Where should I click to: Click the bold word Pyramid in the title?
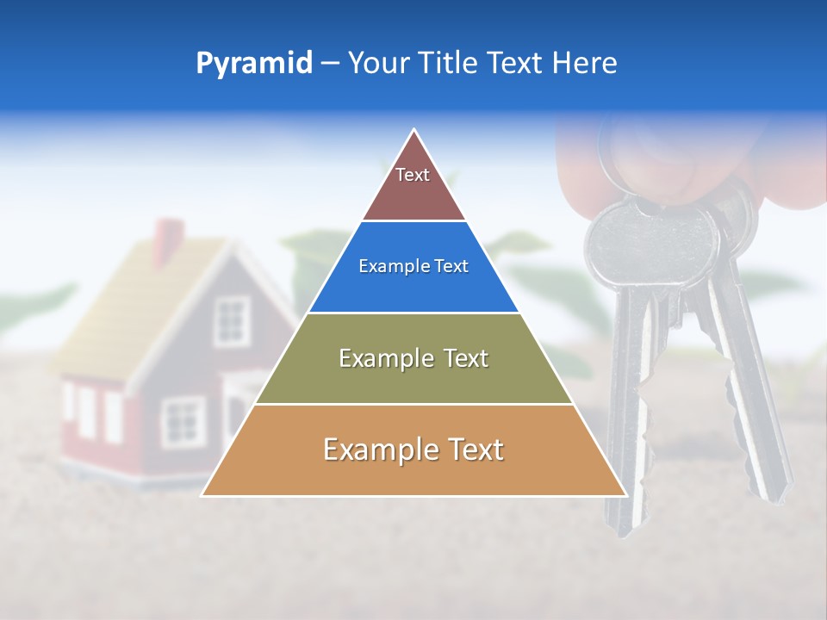(x=254, y=64)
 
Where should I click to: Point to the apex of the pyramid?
(x=414, y=131)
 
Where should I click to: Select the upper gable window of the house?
(x=231, y=320)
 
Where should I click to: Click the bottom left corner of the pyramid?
(x=203, y=495)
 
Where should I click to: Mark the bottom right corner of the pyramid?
(x=625, y=495)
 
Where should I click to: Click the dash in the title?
(x=330, y=64)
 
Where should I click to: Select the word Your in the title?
(x=377, y=64)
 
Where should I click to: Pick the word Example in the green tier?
(x=384, y=358)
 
